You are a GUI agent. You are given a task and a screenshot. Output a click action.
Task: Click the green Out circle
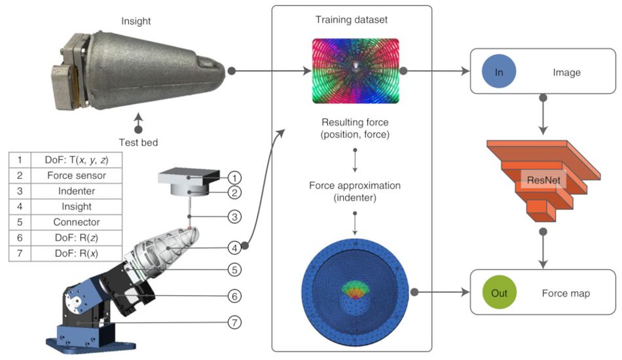coord(499,293)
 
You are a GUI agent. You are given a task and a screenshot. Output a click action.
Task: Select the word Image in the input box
coord(566,73)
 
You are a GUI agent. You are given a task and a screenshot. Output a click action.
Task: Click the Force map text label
coord(566,293)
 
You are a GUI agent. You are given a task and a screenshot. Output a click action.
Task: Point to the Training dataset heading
coord(352,20)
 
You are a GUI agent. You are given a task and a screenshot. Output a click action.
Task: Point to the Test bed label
coord(137,142)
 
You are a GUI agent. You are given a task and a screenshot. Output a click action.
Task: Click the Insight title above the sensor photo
coord(136,21)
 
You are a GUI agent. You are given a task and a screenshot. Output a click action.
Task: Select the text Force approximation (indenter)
coord(354,191)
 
